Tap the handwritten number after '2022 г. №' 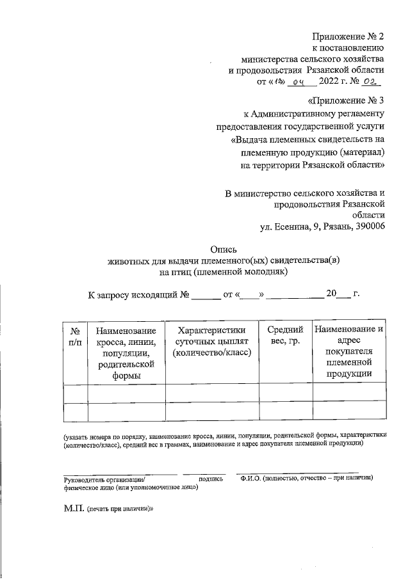[370, 81]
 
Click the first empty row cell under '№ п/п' [75, 393]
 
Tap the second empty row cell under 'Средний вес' [286, 411]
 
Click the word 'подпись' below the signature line [211, 478]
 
